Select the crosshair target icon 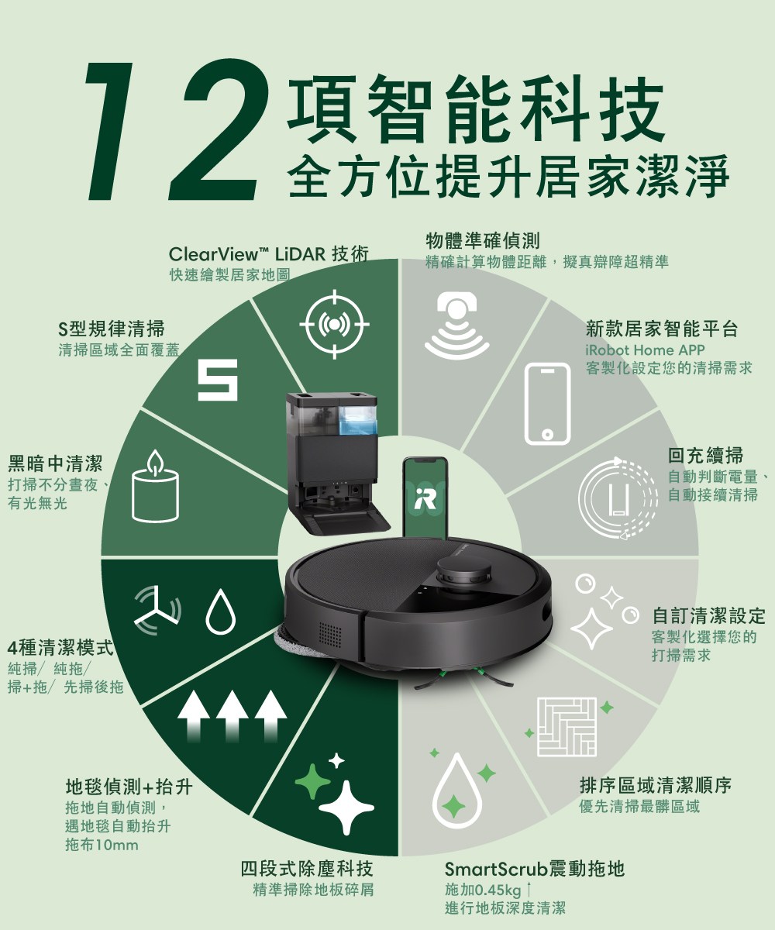tap(334, 324)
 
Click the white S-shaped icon tap(218, 380)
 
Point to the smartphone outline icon tap(547, 404)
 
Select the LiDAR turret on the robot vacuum tap(464, 571)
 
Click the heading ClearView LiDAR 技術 tap(269, 255)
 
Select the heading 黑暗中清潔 tap(55, 463)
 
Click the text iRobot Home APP tap(645, 350)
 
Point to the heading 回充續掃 tap(705, 455)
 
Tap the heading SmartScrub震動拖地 tap(535, 869)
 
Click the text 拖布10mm tap(102, 845)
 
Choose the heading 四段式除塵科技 tap(307, 869)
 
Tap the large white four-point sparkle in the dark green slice tap(346, 808)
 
